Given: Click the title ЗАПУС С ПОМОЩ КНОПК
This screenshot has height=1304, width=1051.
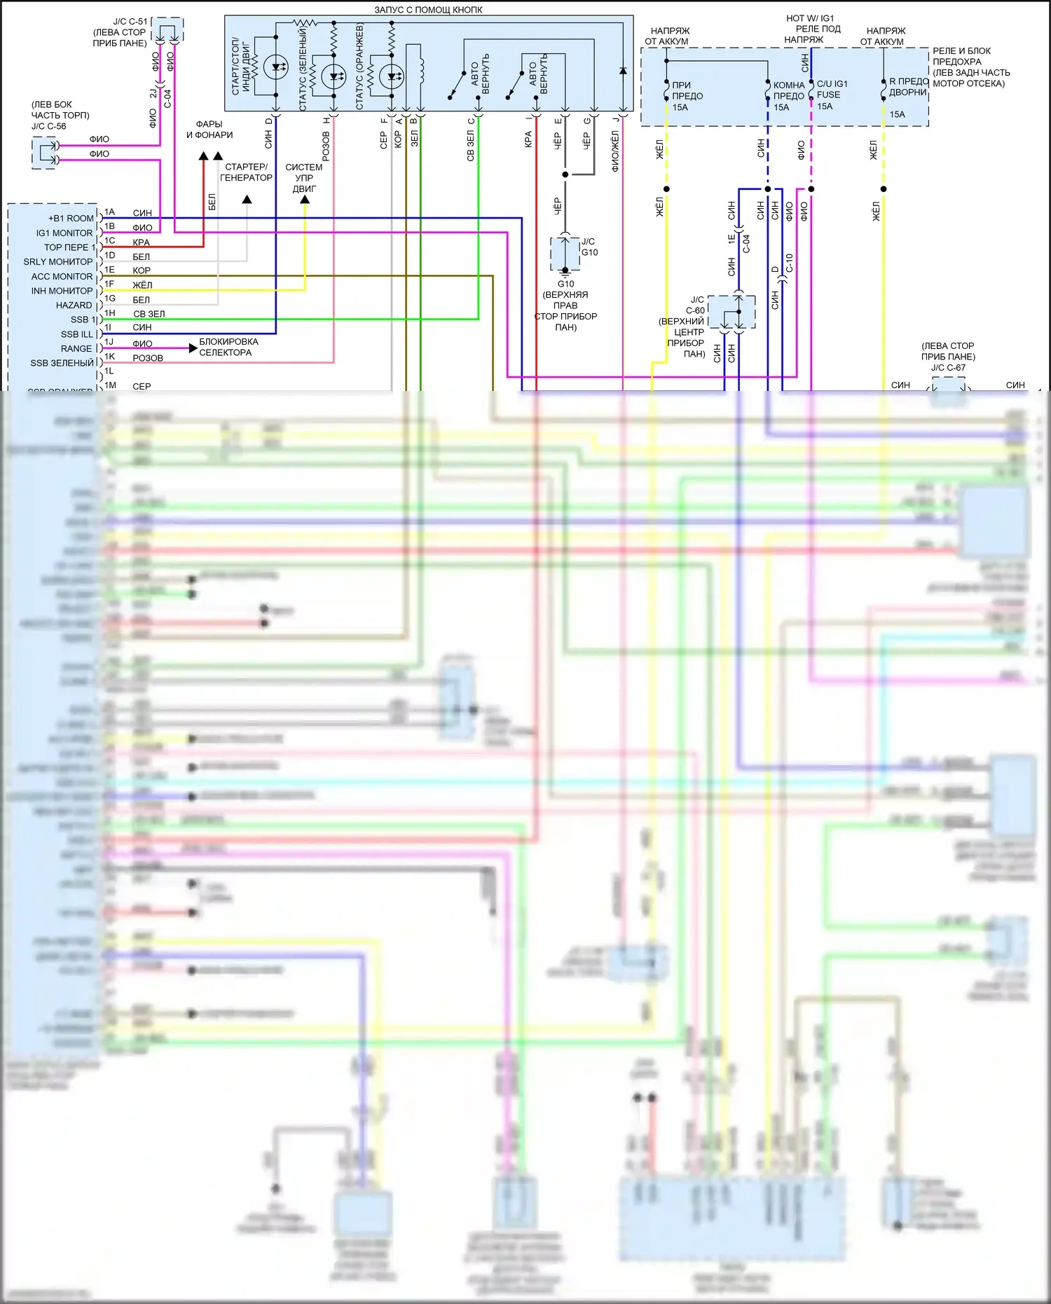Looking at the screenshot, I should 428,10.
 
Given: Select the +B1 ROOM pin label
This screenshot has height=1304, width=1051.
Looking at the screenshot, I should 70,219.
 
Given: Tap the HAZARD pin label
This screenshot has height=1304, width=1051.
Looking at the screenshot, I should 74,306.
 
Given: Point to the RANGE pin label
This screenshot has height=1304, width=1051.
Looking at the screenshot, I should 76,349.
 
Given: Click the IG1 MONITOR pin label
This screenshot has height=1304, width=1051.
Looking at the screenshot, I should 64,233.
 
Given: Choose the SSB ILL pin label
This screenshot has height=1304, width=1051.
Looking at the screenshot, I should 76,334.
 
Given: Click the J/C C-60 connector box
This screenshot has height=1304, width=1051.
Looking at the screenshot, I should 731,312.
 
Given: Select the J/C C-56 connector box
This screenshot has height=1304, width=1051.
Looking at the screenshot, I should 44,153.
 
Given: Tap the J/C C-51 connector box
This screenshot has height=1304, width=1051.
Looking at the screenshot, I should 167,30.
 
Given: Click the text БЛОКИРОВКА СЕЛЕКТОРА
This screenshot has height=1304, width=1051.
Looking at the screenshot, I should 228,347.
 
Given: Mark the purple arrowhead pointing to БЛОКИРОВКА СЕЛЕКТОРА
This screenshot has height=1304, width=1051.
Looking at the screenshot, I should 193,348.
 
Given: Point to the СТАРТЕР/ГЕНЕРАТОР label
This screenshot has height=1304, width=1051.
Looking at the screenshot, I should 246,172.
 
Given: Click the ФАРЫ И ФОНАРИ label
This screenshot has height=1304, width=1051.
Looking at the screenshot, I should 209,130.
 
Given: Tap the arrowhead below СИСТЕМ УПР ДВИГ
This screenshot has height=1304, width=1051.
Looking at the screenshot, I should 305,200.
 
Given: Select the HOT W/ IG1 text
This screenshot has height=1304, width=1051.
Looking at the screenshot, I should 810,18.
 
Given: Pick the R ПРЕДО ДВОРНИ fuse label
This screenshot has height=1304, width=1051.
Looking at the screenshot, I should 908,87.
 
